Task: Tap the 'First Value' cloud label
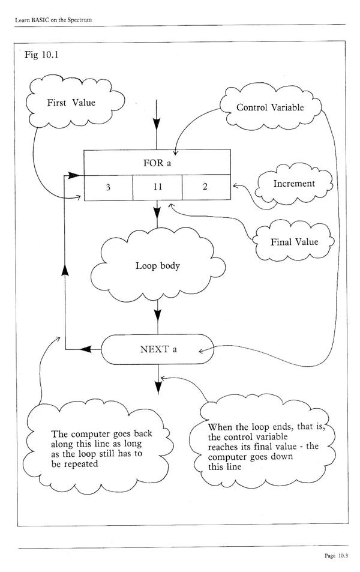tap(71, 103)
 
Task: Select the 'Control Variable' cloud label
tap(270, 107)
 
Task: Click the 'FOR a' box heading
tap(157, 162)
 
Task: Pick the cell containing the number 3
tap(108, 187)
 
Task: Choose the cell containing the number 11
tap(157, 187)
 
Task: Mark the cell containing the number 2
tap(205, 187)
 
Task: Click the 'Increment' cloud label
tap(294, 183)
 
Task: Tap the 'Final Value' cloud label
tap(294, 242)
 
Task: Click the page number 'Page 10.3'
tap(336, 556)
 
